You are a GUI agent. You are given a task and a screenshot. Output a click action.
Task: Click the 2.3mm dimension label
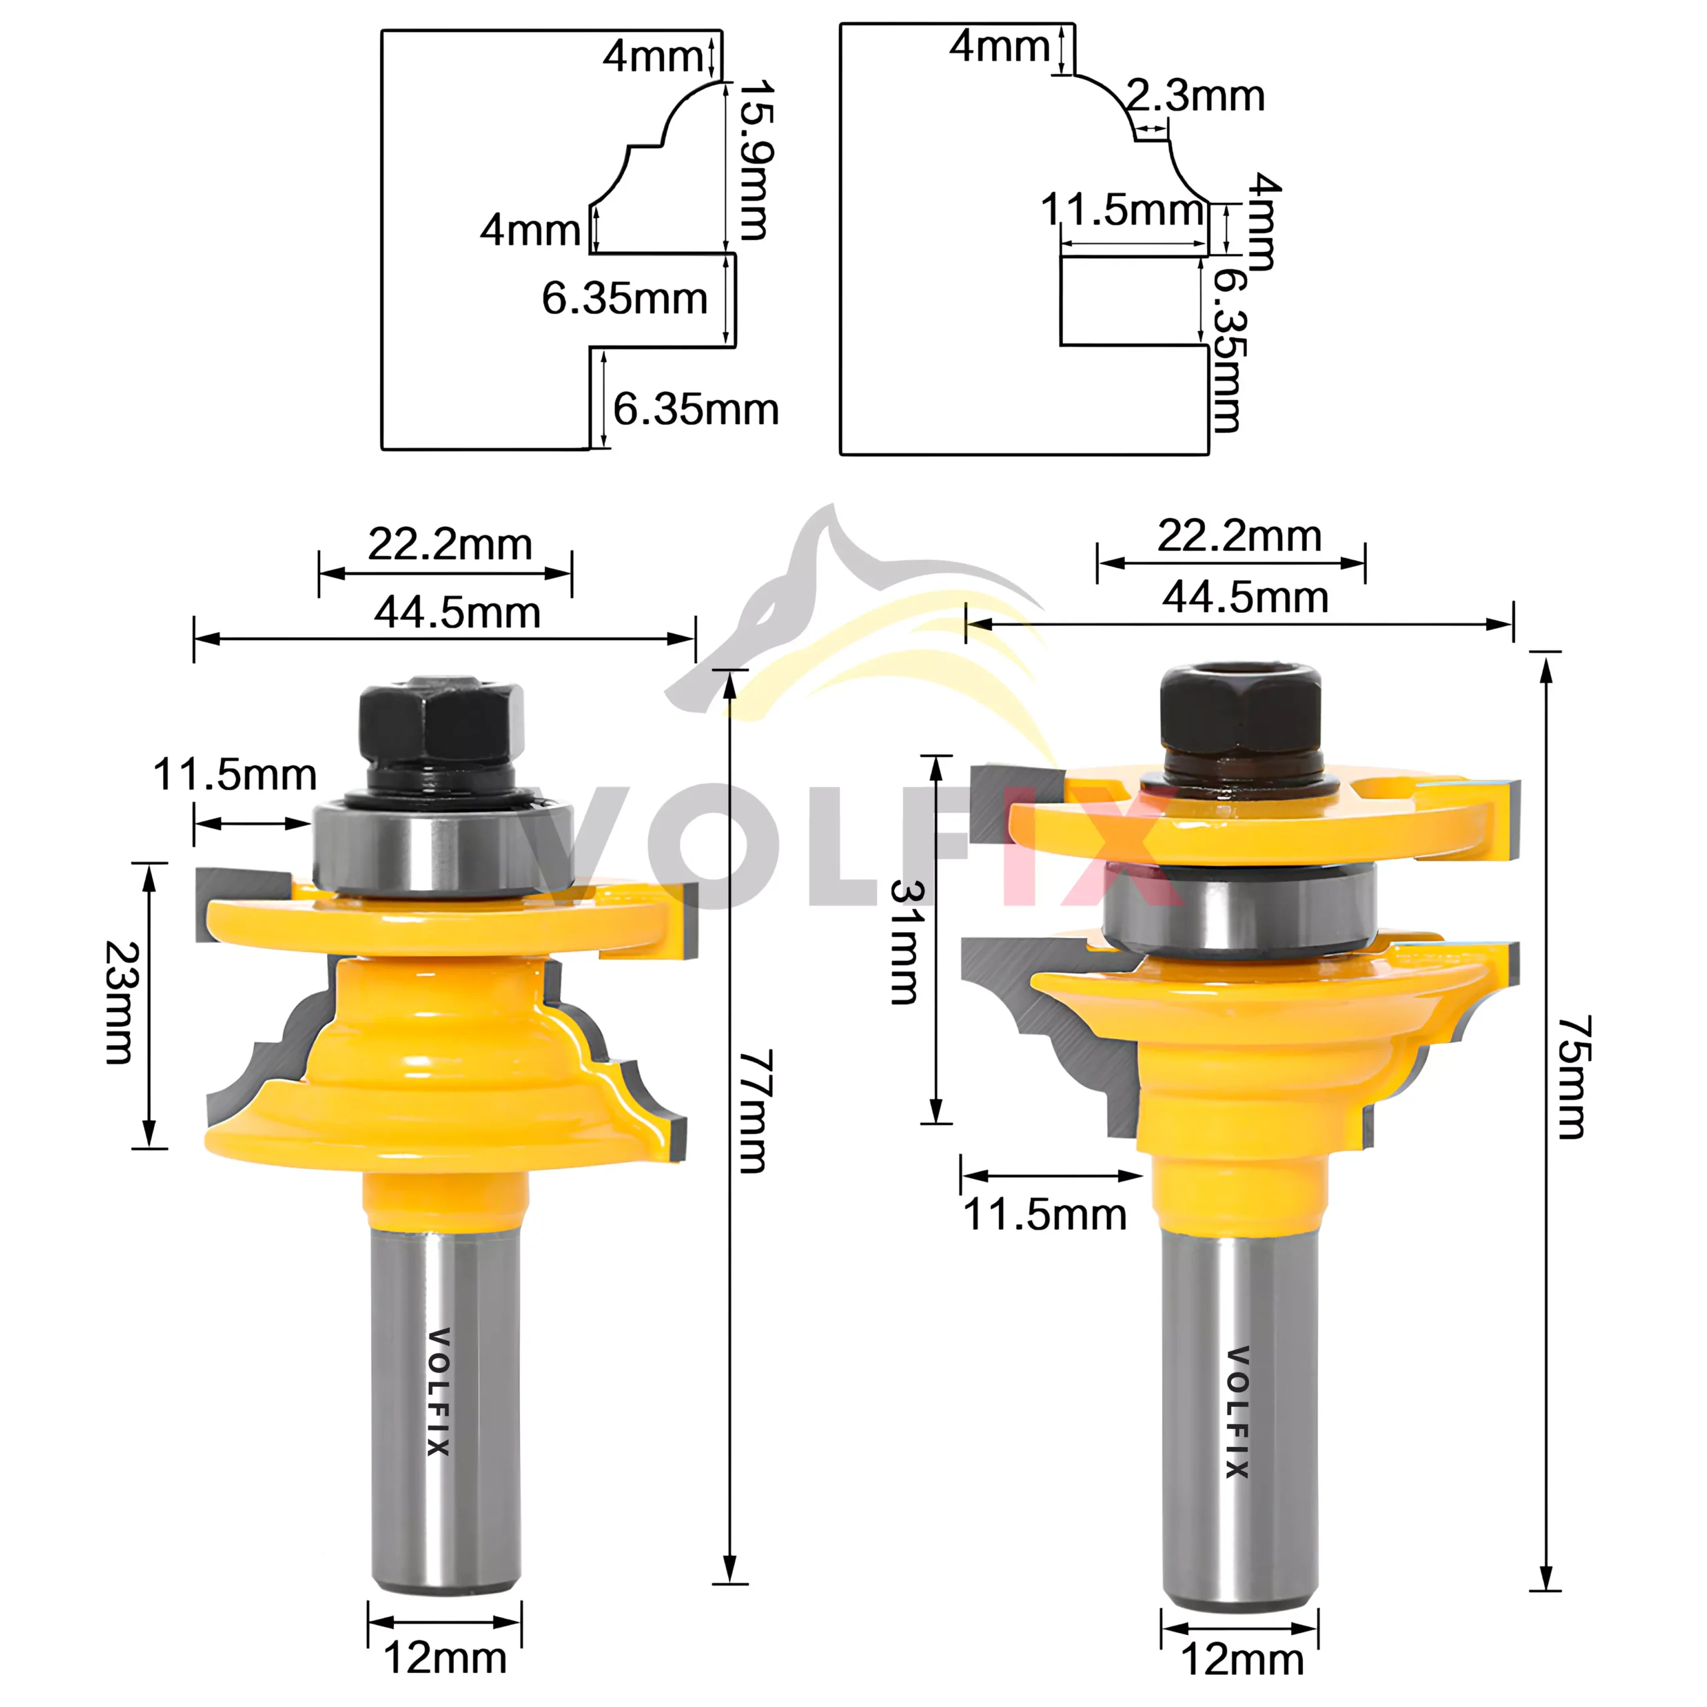tap(1196, 95)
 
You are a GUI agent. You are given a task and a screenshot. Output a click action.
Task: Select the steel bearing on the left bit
tap(442, 846)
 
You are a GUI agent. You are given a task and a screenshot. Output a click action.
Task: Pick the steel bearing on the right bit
tap(1240, 910)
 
